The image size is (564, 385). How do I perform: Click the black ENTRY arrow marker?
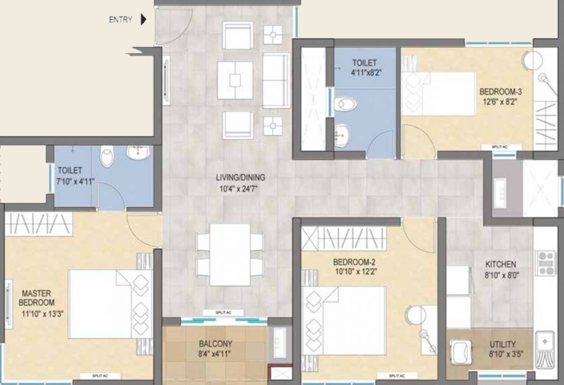pyautogui.click(x=144, y=20)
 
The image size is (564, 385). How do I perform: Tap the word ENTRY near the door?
pyautogui.click(x=121, y=20)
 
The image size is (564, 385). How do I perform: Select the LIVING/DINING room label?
pyautogui.click(x=240, y=177)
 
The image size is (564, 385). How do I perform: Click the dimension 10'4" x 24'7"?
pyautogui.click(x=240, y=188)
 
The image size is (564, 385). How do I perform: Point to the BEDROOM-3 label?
pyautogui.click(x=501, y=92)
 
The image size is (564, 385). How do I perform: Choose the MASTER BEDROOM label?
pyautogui.click(x=37, y=298)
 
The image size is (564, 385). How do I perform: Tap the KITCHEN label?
pyautogui.click(x=500, y=264)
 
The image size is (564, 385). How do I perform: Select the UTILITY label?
pyautogui.click(x=502, y=344)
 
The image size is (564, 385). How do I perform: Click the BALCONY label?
pyautogui.click(x=215, y=344)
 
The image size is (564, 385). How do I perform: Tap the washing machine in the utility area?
pyautogui.click(x=460, y=351)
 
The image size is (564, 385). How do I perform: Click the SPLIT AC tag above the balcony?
pyautogui.click(x=223, y=313)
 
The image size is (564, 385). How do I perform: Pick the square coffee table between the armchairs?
pyautogui.click(x=235, y=80)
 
